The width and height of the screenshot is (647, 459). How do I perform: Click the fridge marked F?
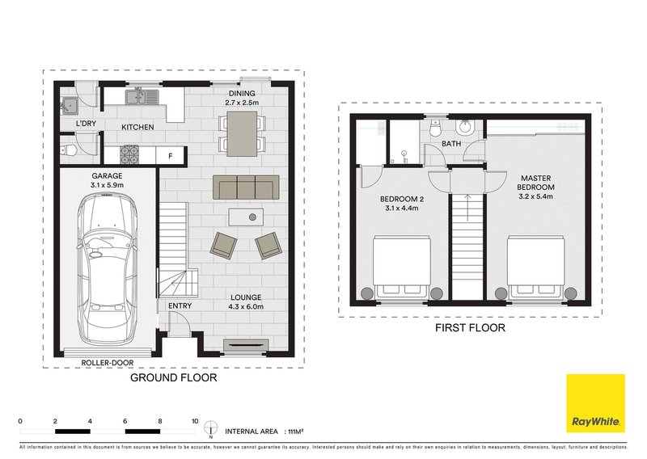[170, 154]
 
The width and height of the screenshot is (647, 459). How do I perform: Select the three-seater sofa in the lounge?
[246, 187]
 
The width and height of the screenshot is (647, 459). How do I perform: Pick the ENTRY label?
[180, 305]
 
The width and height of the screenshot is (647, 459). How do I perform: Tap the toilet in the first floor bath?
[467, 128]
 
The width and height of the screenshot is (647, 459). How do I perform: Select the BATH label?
[451, 145]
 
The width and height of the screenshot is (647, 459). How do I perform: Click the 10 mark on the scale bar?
[195, 420]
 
